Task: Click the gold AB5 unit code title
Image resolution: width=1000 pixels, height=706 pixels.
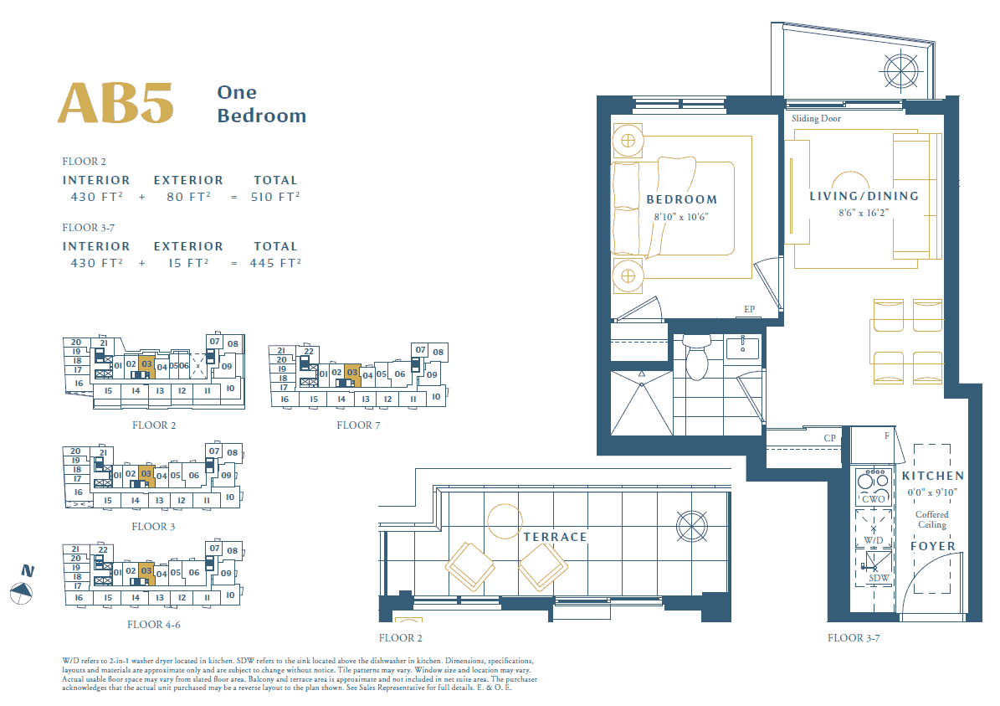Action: pyautogui.click(x=115, y=103)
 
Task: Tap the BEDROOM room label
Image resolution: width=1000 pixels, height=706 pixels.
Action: pyautogui.click(x=682, y=200)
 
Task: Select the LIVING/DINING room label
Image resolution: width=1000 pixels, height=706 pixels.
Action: pyautogui.click(x=864, y=197)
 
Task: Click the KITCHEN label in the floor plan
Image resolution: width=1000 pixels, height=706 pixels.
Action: pyautogui.click(x=932, y=477)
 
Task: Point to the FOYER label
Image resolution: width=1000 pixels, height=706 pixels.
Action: pyautogui.click(x=932, y=546)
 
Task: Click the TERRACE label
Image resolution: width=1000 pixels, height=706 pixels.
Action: pyautogui.click(x=555, y=538)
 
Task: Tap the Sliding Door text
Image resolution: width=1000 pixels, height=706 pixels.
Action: pyautogui.click(x=817, y=119)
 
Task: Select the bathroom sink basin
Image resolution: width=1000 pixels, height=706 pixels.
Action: pyautogui.click(x=743, y=348)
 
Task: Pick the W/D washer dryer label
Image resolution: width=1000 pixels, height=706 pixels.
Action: pyautogui.click(x=873, y=541)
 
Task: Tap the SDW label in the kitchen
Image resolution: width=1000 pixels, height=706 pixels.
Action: pyautogui.click(x=879, y=579)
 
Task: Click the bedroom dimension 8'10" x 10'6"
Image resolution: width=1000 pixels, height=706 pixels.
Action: pyautogui.click(x=680, y=217)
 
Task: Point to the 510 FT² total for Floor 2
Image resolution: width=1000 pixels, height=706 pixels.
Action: pyautogui.click(x=274, y=198)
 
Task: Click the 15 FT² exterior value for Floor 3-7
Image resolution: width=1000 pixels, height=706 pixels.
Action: pyautogui.click(x=188, y=263)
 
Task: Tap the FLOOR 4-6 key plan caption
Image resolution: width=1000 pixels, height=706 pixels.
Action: pyautogui.click(x=154, y=625)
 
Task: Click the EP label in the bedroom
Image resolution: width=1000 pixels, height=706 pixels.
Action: pyautogui.click(x=749, y=309)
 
